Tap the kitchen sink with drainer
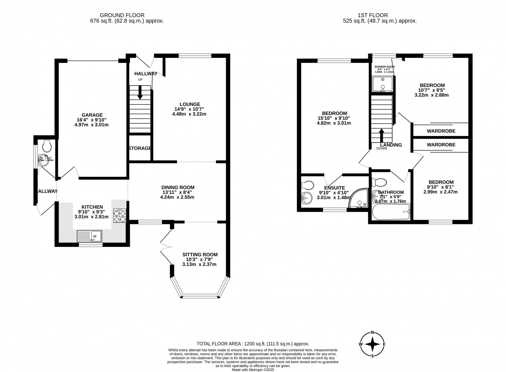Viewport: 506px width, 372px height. pyautogui.click(x=90, y=236)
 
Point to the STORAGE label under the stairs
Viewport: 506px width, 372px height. pyautogui.click(x=140, y=148)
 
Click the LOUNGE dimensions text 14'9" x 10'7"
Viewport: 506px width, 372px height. pyautogui.click(x=189, y=109)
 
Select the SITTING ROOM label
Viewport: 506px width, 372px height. pyautogui.click(x=200, y=254)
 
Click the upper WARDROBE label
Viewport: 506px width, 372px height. pyautogui.click(x=441, y=131)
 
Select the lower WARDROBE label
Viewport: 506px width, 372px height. pyautogui.click(x=441, y=145)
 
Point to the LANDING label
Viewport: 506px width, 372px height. pyautogui.click(x=391, y=145)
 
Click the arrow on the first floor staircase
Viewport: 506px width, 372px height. pyautogui.click(x=382, y=135)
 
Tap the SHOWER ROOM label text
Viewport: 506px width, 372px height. pyautogui.click(x=384, y=67)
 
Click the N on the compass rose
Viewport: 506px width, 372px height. pyautogui.click(x=373, y=332)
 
